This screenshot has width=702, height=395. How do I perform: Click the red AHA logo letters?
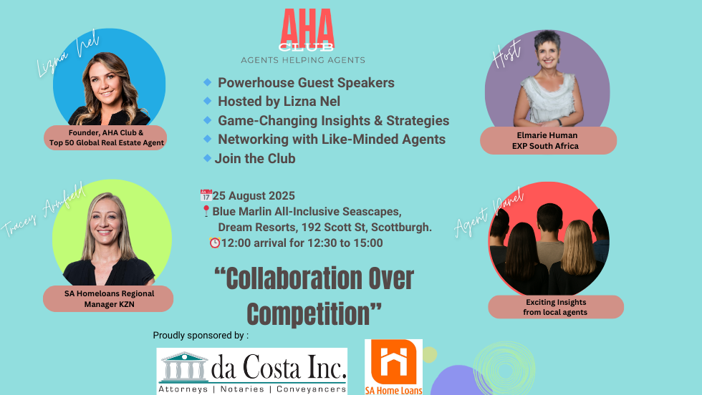307,28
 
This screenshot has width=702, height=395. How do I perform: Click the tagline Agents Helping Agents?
303,60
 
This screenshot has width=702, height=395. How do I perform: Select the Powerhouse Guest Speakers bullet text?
306,82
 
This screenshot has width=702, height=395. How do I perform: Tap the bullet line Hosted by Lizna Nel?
279,102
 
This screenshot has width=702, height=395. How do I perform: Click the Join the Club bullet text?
255,158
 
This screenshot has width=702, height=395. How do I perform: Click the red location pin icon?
206,211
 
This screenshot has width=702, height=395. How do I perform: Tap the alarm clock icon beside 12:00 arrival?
214,243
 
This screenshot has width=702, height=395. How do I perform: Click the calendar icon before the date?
206,195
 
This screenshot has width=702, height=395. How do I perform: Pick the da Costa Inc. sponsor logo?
252,371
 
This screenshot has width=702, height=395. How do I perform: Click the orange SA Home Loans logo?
393,367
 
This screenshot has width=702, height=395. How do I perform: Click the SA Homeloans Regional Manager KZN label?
108,299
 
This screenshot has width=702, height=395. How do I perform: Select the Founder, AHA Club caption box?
106,137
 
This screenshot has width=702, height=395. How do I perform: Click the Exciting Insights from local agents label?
556,307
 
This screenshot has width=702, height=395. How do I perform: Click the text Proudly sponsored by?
201,335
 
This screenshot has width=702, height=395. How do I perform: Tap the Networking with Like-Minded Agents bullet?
331,139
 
